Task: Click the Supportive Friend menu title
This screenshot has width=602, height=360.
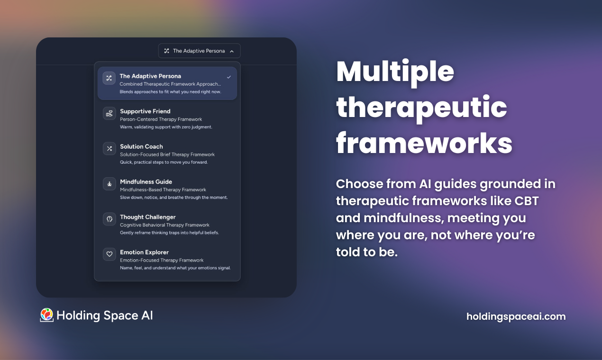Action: coord(145,111)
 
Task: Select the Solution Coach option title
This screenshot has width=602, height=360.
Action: coord(141,146)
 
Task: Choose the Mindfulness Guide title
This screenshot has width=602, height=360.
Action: coord(146,181)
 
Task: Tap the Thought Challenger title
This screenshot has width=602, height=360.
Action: coord(147,217)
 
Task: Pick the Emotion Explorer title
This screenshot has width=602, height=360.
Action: coord(144,252)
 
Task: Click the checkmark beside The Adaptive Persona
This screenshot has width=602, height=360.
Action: coord(229,77)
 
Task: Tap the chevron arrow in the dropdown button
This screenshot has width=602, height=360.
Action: coord(232,51)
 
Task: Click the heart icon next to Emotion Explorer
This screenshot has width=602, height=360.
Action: coord(109,254)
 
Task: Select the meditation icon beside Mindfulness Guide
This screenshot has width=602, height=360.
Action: coord(109,184)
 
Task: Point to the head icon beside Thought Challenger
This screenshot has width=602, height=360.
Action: coord(109,219)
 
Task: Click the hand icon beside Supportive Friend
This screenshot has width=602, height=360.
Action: coord(109,113)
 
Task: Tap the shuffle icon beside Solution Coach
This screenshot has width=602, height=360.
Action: coord(109,149)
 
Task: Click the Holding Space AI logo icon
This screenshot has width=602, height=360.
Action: coord(46,315)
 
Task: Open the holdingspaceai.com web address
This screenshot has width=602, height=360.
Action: coord(516,316)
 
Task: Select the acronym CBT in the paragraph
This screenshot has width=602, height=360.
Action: coord(527,201)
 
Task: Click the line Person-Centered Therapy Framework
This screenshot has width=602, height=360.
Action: coord(161,119)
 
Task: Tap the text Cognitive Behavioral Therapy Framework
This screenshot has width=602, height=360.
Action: coord(164,225)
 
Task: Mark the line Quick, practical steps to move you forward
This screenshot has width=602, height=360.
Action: coord(164,162)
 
